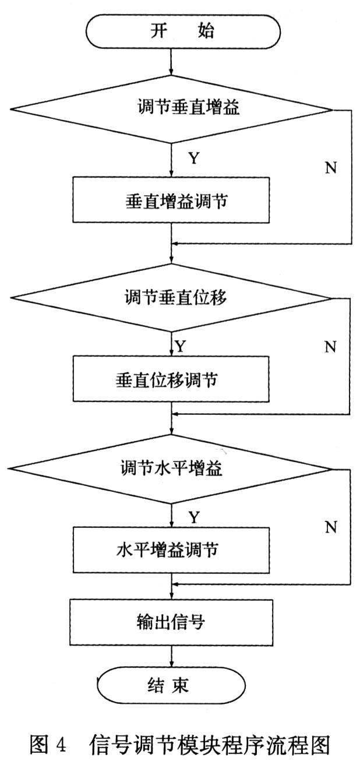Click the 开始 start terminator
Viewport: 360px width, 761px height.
pos(182,31)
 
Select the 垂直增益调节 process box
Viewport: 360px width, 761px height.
pos(171,200)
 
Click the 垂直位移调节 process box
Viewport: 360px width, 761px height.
pos(171,379)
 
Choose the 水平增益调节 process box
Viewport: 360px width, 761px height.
pos(171,549)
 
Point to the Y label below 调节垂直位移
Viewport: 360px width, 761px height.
pos(180,347)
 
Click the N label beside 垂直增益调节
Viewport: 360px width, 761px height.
pos(330,168)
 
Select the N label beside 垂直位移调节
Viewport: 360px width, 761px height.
pos(330,347)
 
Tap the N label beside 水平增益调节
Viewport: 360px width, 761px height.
pos(330,527)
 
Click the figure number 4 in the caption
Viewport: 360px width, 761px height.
pos(62,742)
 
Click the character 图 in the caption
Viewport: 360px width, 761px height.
pos(40,742)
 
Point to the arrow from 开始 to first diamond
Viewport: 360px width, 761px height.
pos(171,61)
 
